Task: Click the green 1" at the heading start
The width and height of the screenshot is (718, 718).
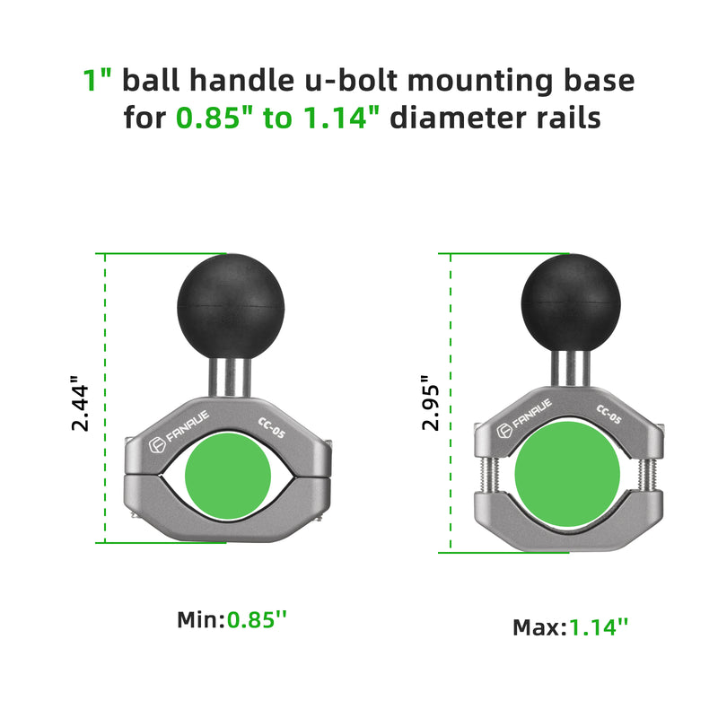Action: point(98,81)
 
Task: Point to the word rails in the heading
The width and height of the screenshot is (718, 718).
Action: point(565,118)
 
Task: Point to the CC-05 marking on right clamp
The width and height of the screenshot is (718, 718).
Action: point(609,415)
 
